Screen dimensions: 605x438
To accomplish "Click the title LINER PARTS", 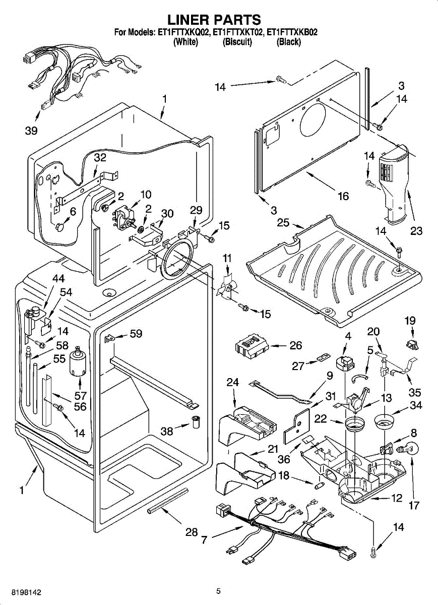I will (214, 20).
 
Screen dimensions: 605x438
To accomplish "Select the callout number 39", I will (31, 131).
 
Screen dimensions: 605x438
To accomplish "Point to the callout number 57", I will (81, 396).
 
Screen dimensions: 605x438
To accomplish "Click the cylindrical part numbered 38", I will (196, 421).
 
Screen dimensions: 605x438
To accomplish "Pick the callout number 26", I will (296, 345).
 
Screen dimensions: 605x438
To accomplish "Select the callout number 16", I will (343, 196).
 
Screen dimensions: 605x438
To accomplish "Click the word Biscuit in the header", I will (237, 42).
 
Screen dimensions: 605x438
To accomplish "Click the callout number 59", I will (136, 334).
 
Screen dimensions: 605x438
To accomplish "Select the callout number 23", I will (416, 231).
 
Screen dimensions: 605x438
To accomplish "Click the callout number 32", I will (100, 157).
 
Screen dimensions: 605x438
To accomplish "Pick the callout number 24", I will (232, 383).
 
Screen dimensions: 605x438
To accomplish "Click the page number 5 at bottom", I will (219, 591).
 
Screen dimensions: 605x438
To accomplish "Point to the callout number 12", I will (397, 499).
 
